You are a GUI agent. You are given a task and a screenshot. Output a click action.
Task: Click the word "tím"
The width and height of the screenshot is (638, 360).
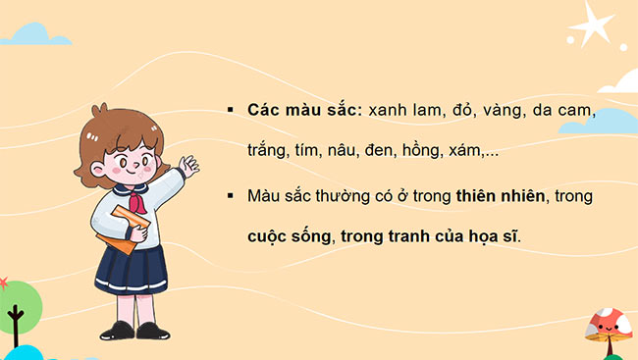[x=322, y=152]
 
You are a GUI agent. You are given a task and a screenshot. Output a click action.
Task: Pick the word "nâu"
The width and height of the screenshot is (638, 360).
[x=363, y=152]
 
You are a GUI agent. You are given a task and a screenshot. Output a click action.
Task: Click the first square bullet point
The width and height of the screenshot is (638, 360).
[x=230, y=110]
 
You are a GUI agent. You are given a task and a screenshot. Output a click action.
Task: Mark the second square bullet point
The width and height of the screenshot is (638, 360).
[x=230, y=196]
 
